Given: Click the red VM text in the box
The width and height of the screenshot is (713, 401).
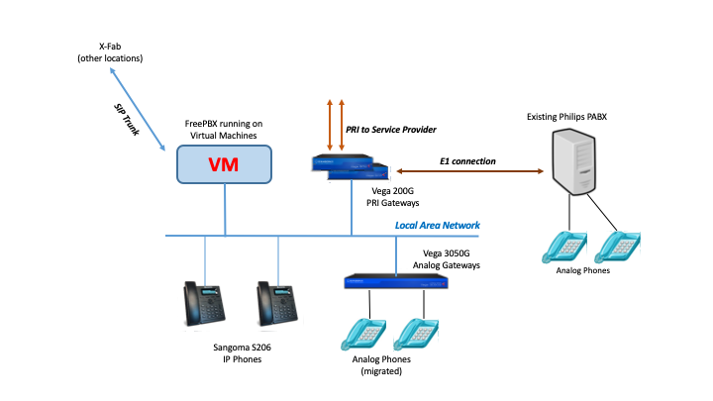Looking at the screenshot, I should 225,164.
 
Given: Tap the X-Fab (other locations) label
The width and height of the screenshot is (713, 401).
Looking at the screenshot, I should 109,51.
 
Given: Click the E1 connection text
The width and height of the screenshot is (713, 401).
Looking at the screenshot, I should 468,159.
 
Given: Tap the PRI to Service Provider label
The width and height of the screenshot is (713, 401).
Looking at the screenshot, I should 391,130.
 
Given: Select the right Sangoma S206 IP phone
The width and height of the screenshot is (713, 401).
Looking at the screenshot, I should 276,306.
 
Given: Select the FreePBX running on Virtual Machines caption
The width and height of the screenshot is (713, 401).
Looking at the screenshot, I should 225,129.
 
